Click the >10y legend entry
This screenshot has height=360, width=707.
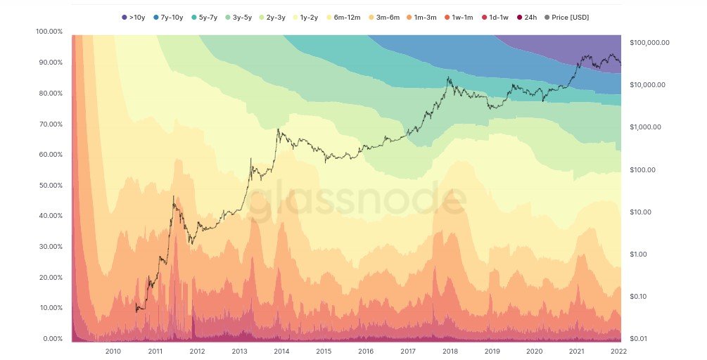(x=134, y=16)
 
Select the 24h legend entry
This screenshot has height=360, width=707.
(x=527, y=16)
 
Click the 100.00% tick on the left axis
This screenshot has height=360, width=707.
(x=49, y=32)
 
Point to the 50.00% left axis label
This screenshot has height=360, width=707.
(x=50, y=185)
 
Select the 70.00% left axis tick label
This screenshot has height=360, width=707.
(x=50, y=124)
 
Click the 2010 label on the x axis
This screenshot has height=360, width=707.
(x=113, y=351)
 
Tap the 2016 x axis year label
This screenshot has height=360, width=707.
(x=366, y=351)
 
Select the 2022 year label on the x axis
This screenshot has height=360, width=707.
(x=618, y=351)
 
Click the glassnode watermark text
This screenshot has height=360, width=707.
(x=359, y=198)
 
